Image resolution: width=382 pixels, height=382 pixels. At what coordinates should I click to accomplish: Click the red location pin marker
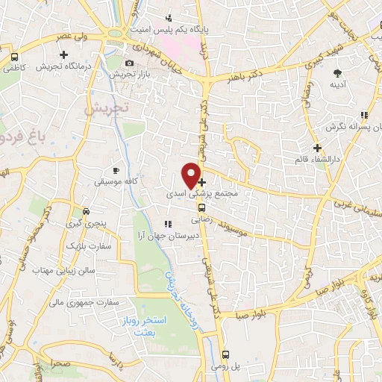191,175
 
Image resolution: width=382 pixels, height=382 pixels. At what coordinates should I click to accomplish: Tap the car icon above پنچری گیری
87,211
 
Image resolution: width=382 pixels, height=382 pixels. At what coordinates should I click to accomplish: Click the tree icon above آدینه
338,73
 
